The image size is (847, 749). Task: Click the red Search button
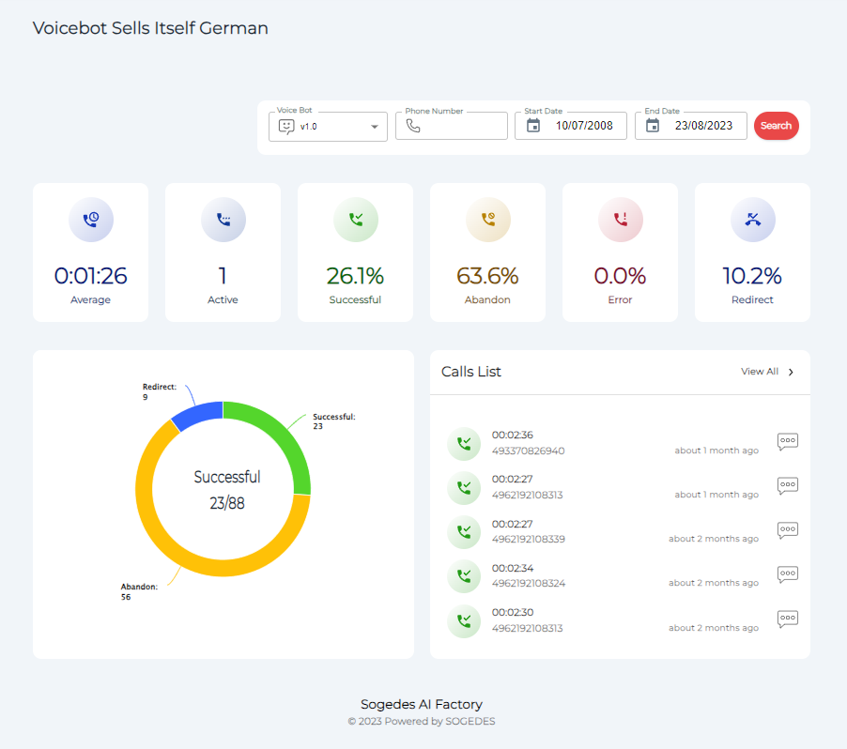(x=776, y=126)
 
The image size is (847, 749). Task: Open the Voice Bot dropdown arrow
(x=375, y=127)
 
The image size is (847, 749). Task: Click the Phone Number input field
(x=460, y=126)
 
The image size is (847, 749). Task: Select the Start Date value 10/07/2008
(x=583, y=126)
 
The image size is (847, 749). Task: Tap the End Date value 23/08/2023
(x=703, y=126)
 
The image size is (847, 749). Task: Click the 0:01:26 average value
(x=90, y=276)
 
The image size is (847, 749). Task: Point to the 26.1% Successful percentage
(x=355, y=276)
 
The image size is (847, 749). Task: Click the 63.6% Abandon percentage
(x=487, y=276)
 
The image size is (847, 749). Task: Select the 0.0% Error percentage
(x=620, y=276)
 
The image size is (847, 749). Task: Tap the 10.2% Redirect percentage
(x=752, y=276)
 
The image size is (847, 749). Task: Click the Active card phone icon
(x=223, y=220)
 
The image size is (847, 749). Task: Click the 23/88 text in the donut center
(x=226, y=503)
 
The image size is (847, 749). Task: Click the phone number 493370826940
(x=528, y=451)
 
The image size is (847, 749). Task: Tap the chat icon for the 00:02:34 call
(x=788, y=574)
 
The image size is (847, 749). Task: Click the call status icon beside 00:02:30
(x=464, y=621)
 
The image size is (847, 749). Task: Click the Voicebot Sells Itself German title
(x=150, y=28)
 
